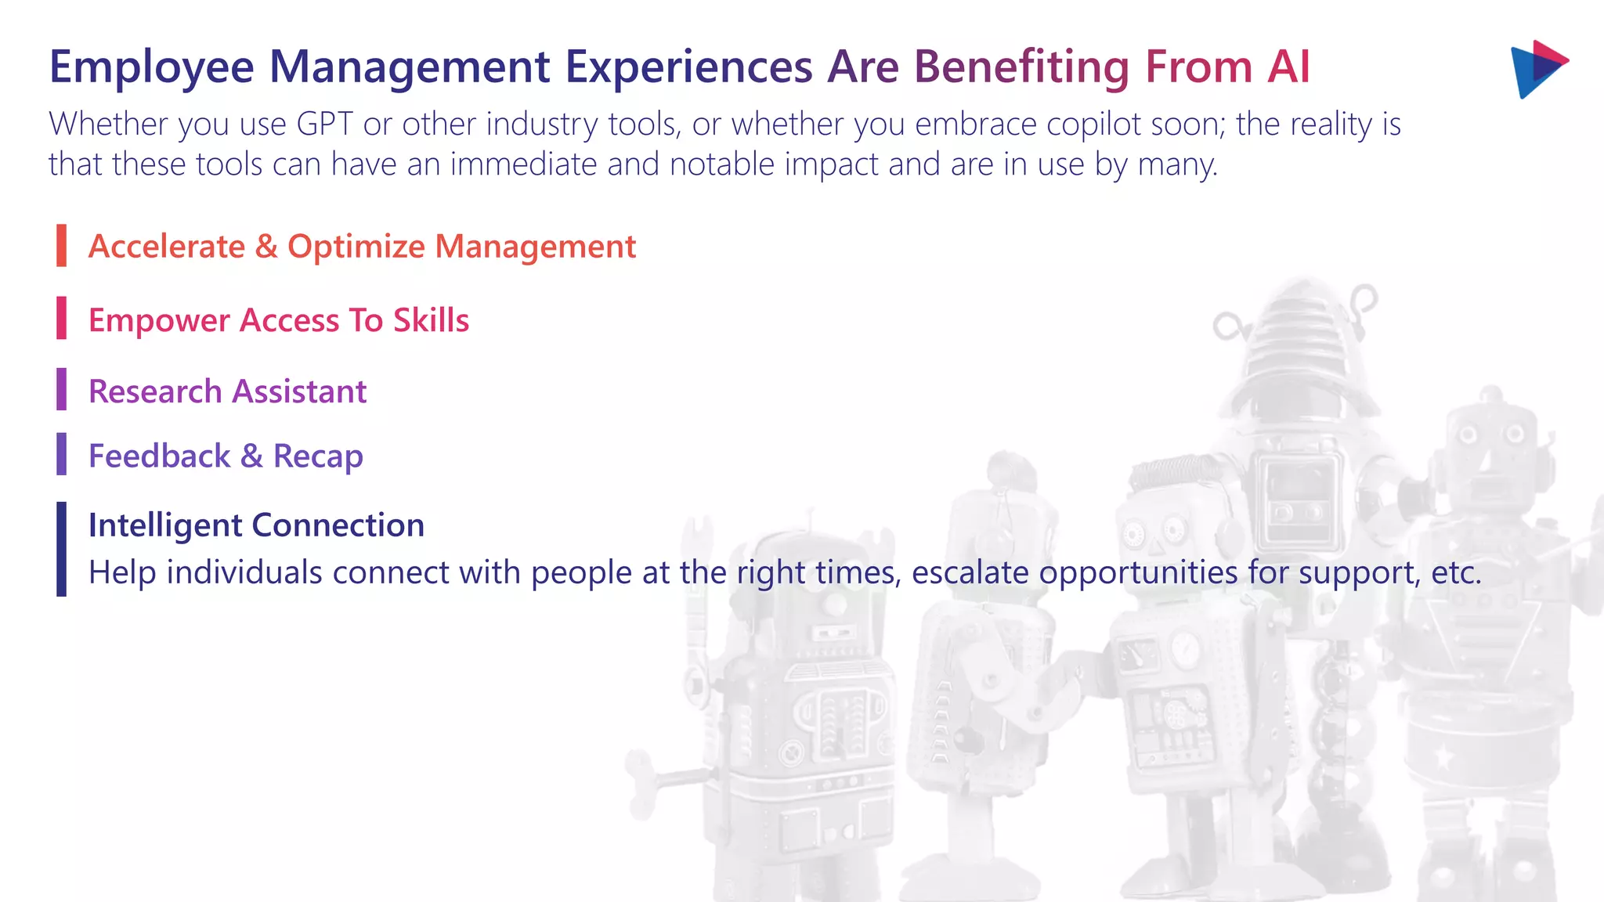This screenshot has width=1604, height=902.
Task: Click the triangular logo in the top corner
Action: tap(1537, 69)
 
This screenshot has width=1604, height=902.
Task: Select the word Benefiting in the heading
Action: tap(1021, 67)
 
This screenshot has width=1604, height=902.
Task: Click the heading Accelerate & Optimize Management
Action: tap(362, 247)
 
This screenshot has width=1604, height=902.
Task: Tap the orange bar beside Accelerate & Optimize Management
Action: tap(61, 246)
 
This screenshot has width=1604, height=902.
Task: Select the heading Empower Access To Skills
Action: tap(279, 320)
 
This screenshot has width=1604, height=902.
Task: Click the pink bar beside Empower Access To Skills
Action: tap(61, 318)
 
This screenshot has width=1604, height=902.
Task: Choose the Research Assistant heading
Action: tap(227, 391)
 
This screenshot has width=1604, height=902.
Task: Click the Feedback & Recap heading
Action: tap(226, 456)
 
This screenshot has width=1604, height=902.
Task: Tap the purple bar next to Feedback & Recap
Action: tap(61, 454)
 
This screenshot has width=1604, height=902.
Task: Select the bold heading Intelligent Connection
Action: tap(256, 525)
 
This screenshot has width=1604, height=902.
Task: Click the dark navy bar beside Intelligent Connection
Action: tap(61, 549)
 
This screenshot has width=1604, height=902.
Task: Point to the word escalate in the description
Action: tap(970, 572)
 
